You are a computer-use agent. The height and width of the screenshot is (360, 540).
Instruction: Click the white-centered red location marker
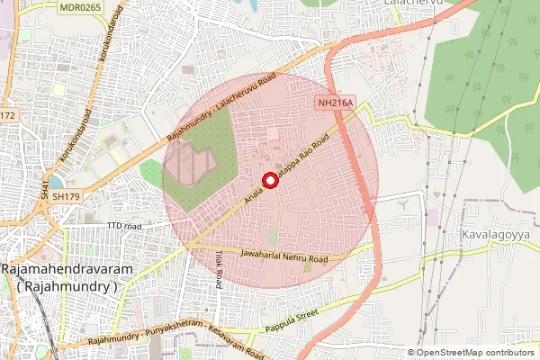click(x=268, y=179)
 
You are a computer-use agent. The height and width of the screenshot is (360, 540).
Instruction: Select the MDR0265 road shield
click(x=80, y=7)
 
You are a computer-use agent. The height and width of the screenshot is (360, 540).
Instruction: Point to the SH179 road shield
click(x=64, y=194)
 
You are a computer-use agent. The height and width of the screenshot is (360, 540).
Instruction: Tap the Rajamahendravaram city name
click(x=67, y=270)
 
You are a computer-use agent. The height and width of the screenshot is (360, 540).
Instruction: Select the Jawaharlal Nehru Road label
click(x=284, y=256)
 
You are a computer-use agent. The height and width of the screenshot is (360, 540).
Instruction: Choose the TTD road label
click(x=124, y=225)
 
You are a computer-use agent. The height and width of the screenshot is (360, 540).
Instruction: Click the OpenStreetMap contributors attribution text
click(x=474, y=353)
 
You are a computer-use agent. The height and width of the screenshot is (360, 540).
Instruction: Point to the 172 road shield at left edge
click(x=7, y=115)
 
